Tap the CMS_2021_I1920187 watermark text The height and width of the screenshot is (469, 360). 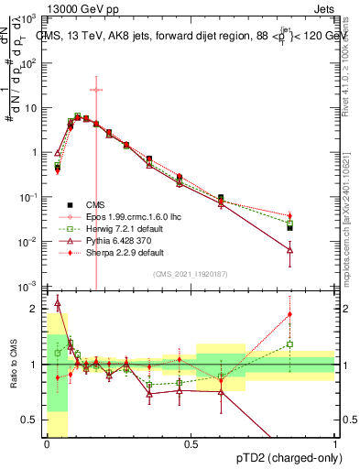pyautogui.click(x=191, y=275)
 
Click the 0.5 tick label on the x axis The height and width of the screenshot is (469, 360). pyautogui.click(x=191, y=444)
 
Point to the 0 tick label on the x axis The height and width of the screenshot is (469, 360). pyautogui.click(x=47, y=444)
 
